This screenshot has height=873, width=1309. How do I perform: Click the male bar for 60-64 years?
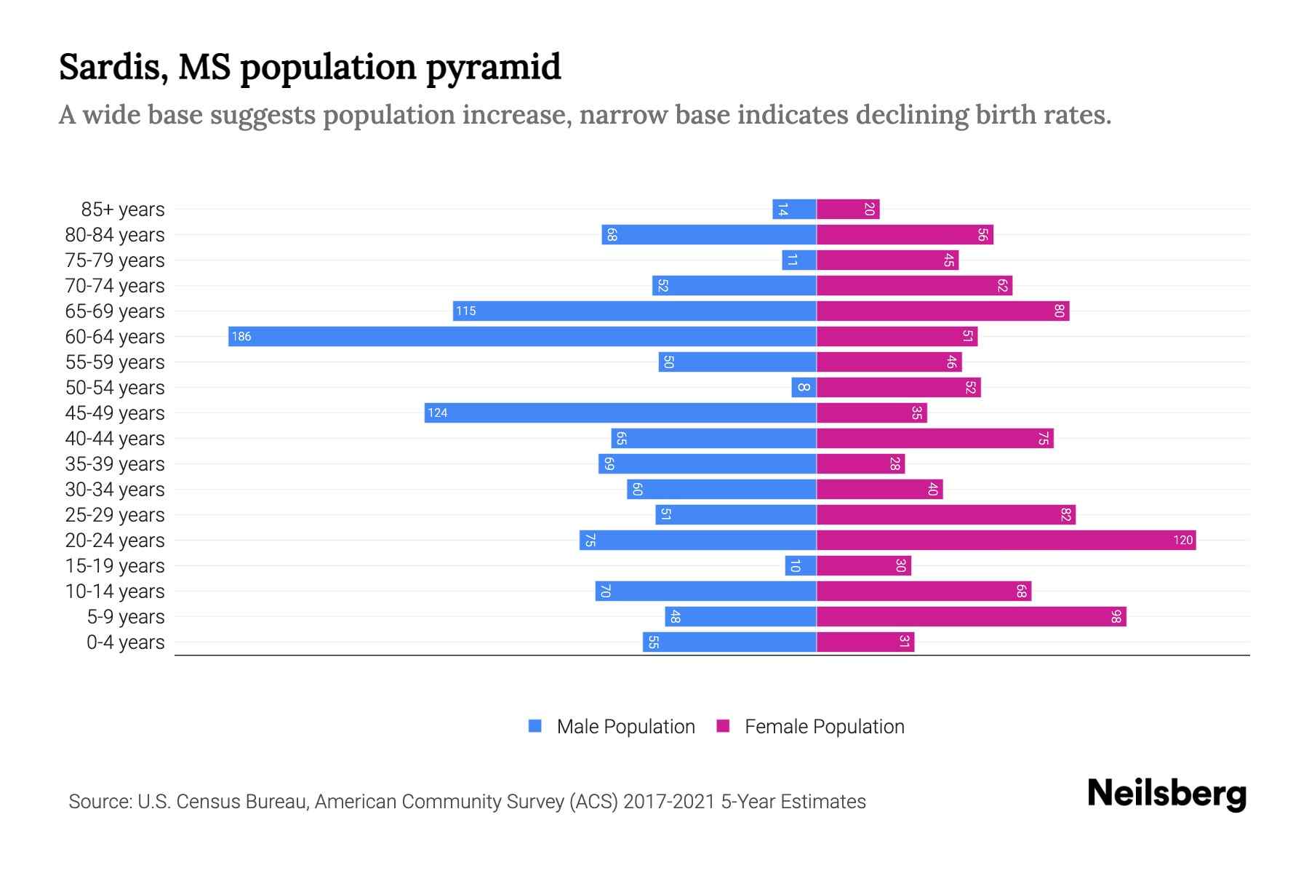pyautogui.click(x=522, y=337)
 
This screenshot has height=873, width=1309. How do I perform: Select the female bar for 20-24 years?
pyautogui.click(x=1006, y=541)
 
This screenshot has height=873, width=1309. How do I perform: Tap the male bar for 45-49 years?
pyautogui.click(x=620, y=413)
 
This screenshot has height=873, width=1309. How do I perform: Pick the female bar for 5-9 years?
pyautogui.click(x=971, y=617)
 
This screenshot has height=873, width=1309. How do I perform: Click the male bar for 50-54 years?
pyautogui.click(x=804, y=388)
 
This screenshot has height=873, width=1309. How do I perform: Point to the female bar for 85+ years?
pyautogui.click(x=848, y=210)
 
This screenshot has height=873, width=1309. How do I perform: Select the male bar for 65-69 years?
pyautogui.click(x=634, y=311)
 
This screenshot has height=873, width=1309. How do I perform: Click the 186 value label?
pyautogui.click(x=241, y=337)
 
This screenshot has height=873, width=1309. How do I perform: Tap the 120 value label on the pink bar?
pyautogui.click(x=1182, y=541)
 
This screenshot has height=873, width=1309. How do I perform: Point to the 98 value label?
pyautogui.click(x=1116, y=617)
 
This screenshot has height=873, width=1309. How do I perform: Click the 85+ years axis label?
pyautogui.click(x=123, y=210)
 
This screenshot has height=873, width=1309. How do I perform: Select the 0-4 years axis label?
pyautogui.click(x=125, y=642)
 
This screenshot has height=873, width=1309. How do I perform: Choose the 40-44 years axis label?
pyautogui.click(x=115, y=439)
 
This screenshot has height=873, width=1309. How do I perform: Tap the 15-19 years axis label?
pyautogui.click(x=115, y=566)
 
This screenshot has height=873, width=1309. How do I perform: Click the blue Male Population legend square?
pyautogui.click(x=535, y=726)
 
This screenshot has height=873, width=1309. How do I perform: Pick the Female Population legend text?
pyautogui.click(x=824, y=727)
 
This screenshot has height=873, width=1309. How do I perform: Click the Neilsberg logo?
pyautogui.click(x=1166, y=794)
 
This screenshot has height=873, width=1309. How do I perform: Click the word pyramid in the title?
pyautogui.click(x=493, y=68)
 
